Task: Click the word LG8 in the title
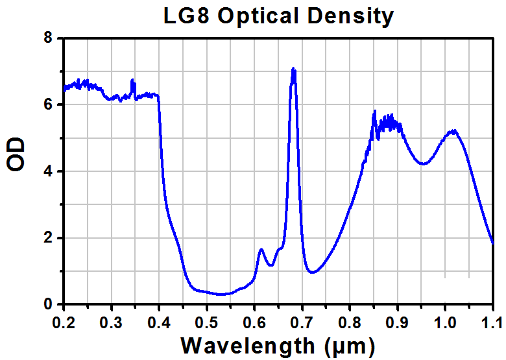[186, 16]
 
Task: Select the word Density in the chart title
[350, 16]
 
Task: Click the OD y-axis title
[16, 154]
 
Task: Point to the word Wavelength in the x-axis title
[248, 346]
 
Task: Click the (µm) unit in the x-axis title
[350, 346]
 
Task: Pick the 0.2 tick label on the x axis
[64, 322]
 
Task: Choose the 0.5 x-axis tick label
[206, 322]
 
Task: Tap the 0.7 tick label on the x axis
[302, 322]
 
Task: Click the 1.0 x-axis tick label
[445, 322]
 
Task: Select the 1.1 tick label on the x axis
[492, 322]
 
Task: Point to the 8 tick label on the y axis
[48, 38]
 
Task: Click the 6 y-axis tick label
[48, 104]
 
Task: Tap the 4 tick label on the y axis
[48, 171]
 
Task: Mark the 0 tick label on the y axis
[48, 304]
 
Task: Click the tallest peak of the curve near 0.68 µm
[293, 68]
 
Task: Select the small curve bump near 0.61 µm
[261, 249]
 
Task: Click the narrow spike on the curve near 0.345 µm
[132, 80]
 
